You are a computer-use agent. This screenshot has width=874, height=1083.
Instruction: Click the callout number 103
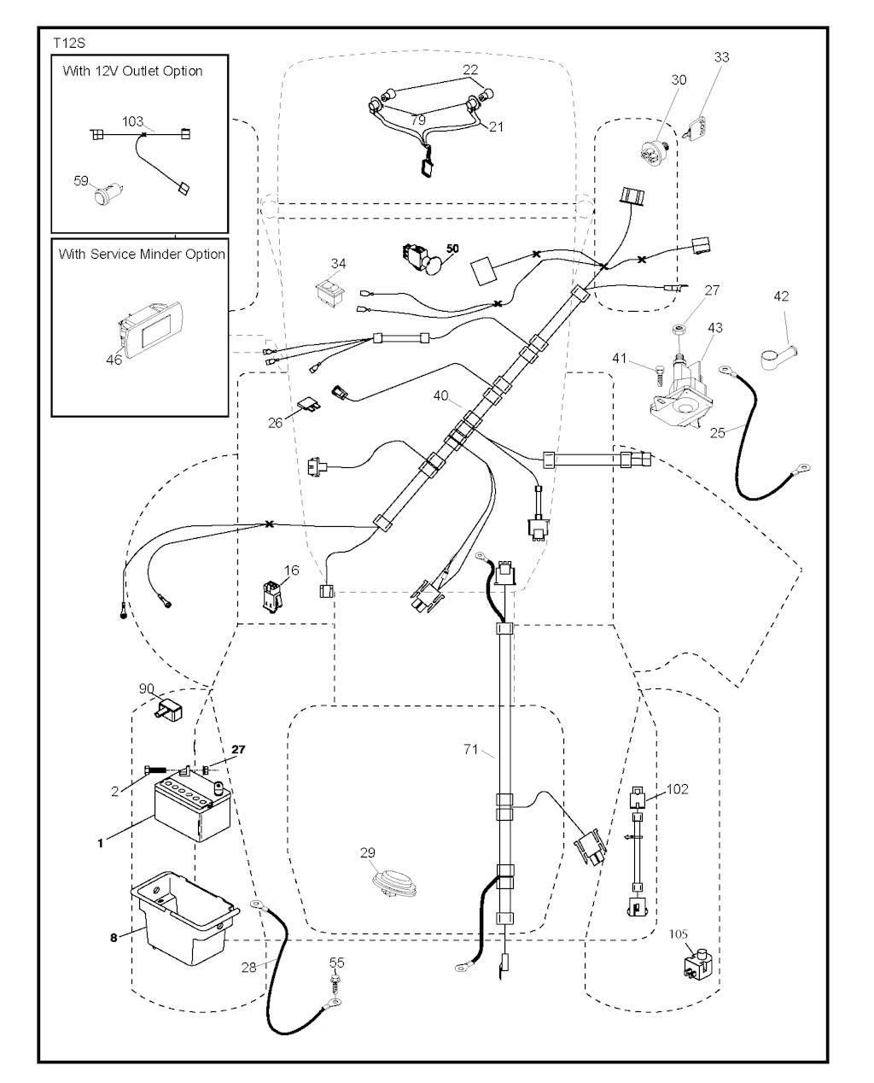click(x=132, y=122)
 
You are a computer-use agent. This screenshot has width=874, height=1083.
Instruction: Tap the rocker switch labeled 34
click(x=328, y=290)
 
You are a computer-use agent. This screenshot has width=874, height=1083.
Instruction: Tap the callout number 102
click(x=677, y=789)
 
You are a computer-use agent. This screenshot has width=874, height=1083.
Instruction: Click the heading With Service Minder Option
click(x=142, y=254)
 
